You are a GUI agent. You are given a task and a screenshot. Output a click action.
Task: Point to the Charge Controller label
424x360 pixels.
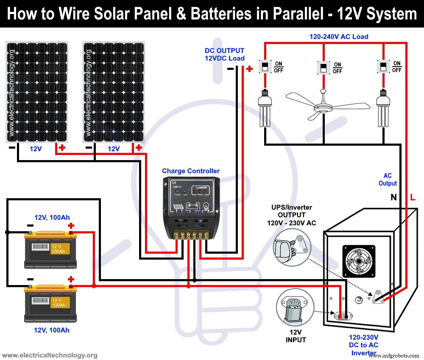point(191,171)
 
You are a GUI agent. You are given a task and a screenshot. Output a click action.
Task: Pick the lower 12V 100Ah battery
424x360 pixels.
point(51,303)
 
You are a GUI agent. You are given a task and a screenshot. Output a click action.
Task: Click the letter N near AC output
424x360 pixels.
point(393,197)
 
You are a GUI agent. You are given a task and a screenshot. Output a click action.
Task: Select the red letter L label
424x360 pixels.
point(413,197)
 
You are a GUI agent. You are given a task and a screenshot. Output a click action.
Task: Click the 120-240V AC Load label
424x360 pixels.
point(338,37)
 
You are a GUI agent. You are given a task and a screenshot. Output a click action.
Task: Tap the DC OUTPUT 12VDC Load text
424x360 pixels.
point(224,54)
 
